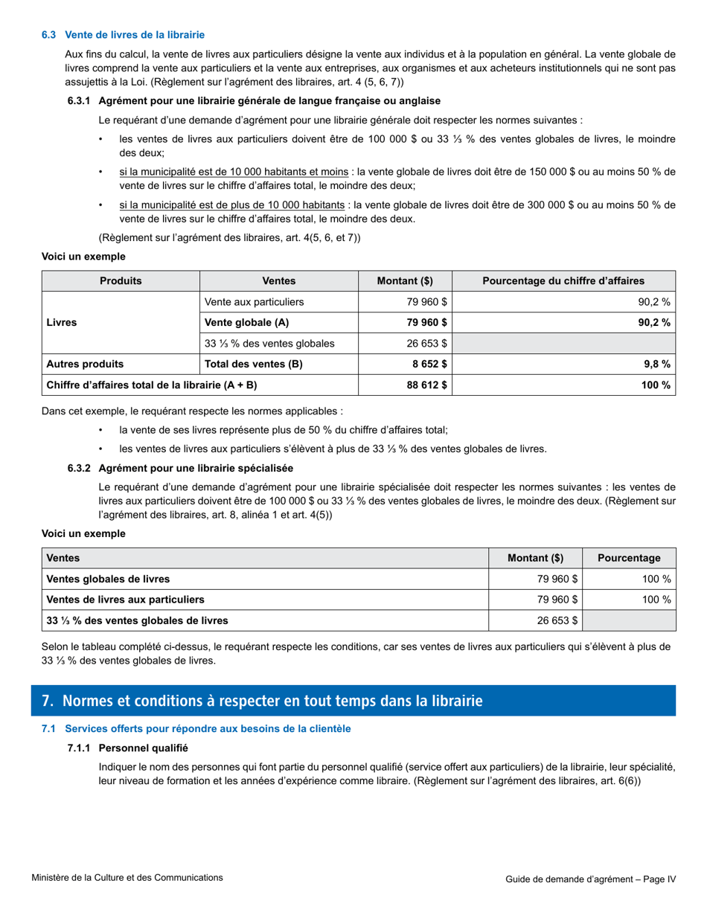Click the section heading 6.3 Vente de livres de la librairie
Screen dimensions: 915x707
[x=123, y=35]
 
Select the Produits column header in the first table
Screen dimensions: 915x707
[x=121, y=280]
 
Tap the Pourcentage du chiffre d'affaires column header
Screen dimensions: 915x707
[x=563, y=280]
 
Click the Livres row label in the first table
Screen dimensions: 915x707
[x=62, y=323]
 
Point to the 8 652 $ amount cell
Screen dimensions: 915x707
[x=426, y=364]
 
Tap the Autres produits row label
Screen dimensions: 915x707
[x=86, y=364]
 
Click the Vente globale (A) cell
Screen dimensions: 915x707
[x=246, y=322]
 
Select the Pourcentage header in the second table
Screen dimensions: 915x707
[x=629, y=558]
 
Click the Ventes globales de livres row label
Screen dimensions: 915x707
[x=108, y=579]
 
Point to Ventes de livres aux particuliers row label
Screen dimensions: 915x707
[x=125, y=600]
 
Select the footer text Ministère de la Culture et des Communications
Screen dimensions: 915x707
[x=127, y=878]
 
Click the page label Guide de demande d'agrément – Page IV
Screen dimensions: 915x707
[x=590, y=879]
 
